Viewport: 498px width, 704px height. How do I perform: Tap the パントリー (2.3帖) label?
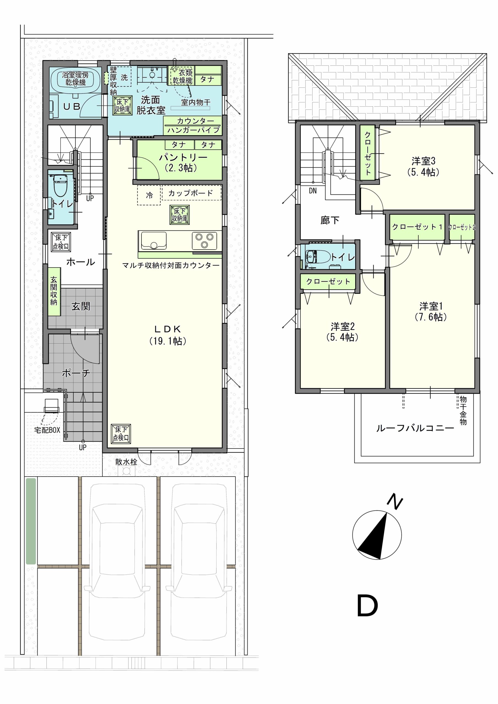[183, 163]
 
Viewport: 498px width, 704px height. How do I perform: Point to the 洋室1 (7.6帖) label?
[431, 312]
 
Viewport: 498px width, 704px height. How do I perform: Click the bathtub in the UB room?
[75, 79]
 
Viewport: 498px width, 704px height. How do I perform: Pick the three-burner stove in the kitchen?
[204, 240]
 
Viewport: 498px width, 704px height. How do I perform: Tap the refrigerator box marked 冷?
[149, 195]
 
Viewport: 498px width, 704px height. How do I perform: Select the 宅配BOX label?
[47, 430]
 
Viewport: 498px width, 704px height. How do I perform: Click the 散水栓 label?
[126, 462]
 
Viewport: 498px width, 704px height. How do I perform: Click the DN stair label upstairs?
[313, 191]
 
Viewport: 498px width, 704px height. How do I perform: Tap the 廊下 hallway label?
[330, 220]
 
